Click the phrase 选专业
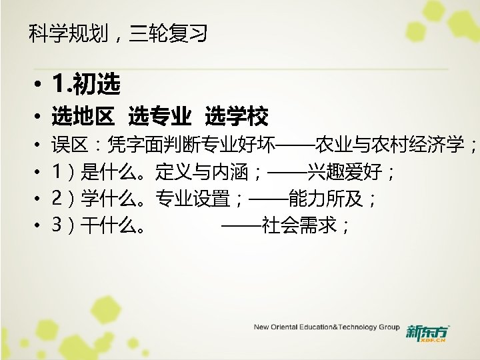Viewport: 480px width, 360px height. [x=160, y=117]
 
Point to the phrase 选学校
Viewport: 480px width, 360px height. [x=237, y=117]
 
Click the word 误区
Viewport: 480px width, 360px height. [x=66, y=145]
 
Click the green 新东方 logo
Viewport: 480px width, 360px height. [x=427, y=331]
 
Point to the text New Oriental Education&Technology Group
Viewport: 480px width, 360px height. [x=326, y=328]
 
